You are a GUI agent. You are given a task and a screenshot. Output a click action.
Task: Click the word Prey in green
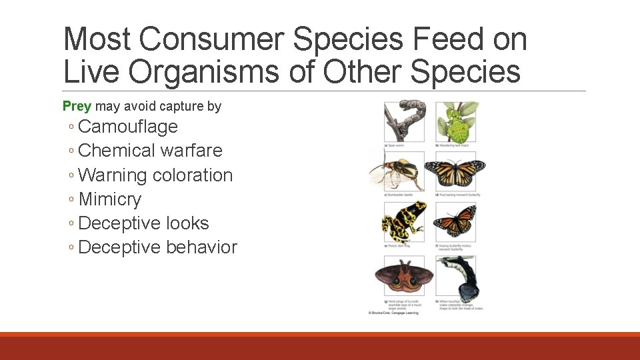tap(77, 106)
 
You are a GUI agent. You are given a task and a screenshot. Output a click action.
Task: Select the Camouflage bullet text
tap(128, 127)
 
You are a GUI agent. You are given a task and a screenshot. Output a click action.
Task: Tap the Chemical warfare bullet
tap(150, 151)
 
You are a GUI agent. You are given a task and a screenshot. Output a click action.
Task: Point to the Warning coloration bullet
tap(155, 175)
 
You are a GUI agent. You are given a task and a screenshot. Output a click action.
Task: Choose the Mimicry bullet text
tap(110, 199)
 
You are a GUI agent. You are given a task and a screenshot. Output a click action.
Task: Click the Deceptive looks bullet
tap(143, 223)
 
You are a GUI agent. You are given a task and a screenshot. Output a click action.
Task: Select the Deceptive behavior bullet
tap(157, 247)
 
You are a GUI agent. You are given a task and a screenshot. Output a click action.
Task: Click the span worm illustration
tap(405, 120)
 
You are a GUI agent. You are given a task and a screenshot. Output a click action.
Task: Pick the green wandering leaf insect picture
tap(457, 120)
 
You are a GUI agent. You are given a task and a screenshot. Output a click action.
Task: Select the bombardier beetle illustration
tap(397, 171)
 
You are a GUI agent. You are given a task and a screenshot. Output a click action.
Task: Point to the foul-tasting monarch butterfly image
tap(456, 171)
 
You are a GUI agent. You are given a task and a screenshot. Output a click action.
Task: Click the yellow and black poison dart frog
tap(404, 221)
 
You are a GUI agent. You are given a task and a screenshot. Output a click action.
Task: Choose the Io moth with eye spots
tap(404, 275)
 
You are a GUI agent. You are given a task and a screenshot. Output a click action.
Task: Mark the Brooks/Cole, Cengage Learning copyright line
tap(393, 313)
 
